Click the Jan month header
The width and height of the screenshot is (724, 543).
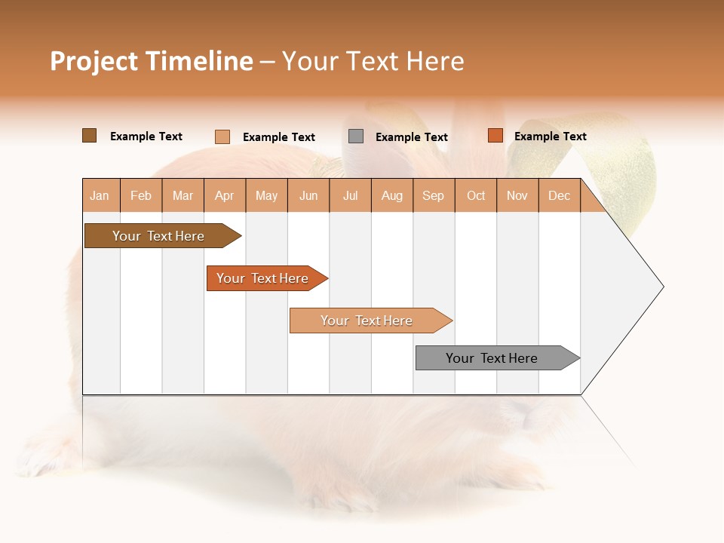tap(100, 195)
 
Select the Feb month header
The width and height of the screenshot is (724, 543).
tap(141, 195)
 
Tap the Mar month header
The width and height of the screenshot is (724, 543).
tap(183, 195)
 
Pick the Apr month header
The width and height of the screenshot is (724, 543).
tap(225, 195)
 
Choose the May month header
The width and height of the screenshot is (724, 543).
tap(266, 195)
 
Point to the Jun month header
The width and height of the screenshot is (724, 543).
tap(308, 195)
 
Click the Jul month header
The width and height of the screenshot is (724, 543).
tap(350, 195)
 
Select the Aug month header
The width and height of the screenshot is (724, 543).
tap(392, 195)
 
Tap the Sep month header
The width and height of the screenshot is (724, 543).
tap(434, 195)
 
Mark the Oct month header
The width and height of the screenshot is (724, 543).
tap(476, 195)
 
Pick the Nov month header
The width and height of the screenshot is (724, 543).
tap(517, 195)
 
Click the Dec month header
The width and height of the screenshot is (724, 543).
tap(560, 195)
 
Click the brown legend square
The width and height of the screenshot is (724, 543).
tap(90, 136)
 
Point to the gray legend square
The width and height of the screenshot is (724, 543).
tap(356, 137)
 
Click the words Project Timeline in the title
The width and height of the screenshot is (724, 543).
tap(152, 61)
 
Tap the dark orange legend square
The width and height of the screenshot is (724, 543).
tap(495, 136)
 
